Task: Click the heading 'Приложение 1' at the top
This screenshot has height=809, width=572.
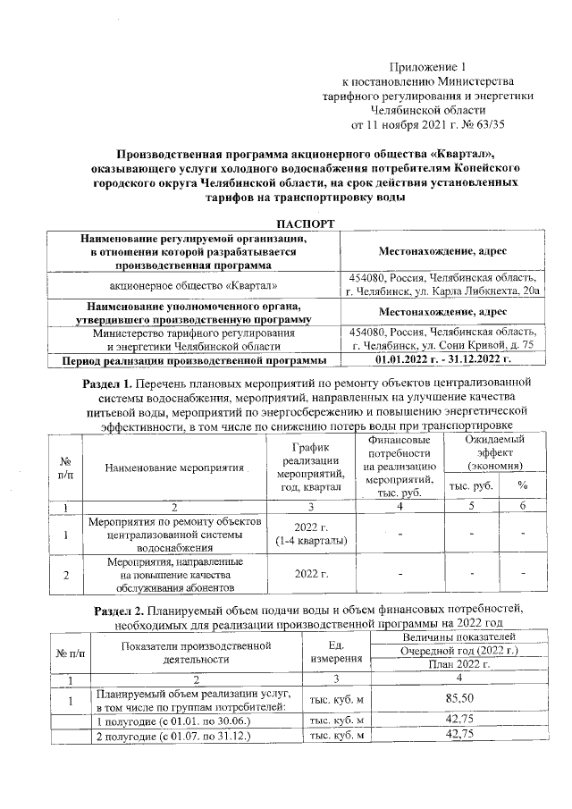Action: [428, 67]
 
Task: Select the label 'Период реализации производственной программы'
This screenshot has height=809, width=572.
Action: [187, 360]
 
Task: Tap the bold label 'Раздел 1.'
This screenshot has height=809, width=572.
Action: [97, 384]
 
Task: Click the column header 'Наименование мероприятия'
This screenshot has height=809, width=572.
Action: [174, 468]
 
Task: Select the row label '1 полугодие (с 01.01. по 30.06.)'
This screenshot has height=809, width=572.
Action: [161, 721]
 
